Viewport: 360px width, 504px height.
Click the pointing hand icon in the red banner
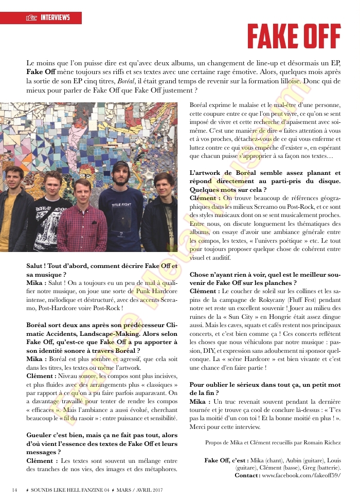(x=32, y=19)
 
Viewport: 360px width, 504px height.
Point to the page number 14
(x=15, y=489)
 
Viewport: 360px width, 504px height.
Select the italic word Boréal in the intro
(x=126, y=81)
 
